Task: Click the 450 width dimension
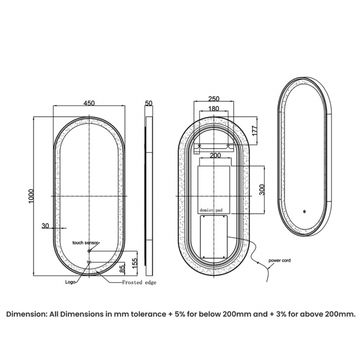pyautogui.click(x=89, y=103)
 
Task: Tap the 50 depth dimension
pyautogui.click(x=148, y=103)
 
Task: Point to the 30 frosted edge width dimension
pyautogui.click(x=45, y=225)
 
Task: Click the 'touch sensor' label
pyautogui.click(x=86, y=243)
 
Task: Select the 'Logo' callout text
pyautogui.click(x=71, y=282)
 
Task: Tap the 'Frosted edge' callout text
pyautogui.click(x=139, y=283)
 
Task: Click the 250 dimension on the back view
pyautogui.click(x=213, y=99)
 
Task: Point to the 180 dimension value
pyautogui.click(x=213, y=109)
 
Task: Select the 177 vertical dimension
pyautogui.click(x=254, y=131)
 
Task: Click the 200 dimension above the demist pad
pyautogui.click(x=215, y=156)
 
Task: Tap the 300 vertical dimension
pyautogui.click(x=262, y=189)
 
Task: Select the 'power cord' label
pyautogui.click(x=279, y=260)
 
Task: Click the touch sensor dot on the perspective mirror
pyautogui.click(x=304, y=210)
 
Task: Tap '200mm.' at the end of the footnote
pyautogui.click(x=340, y=314)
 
